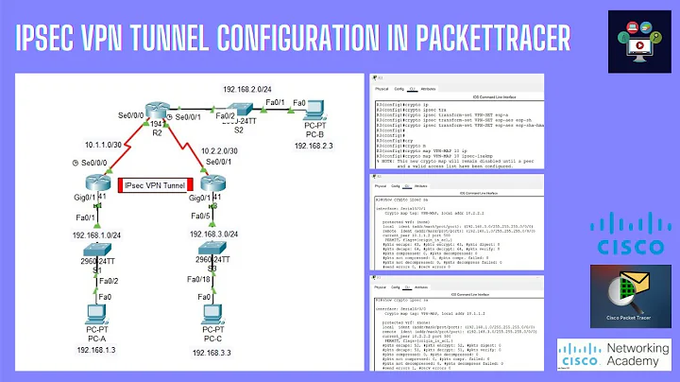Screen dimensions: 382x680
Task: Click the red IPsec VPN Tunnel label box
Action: [156, 185]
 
